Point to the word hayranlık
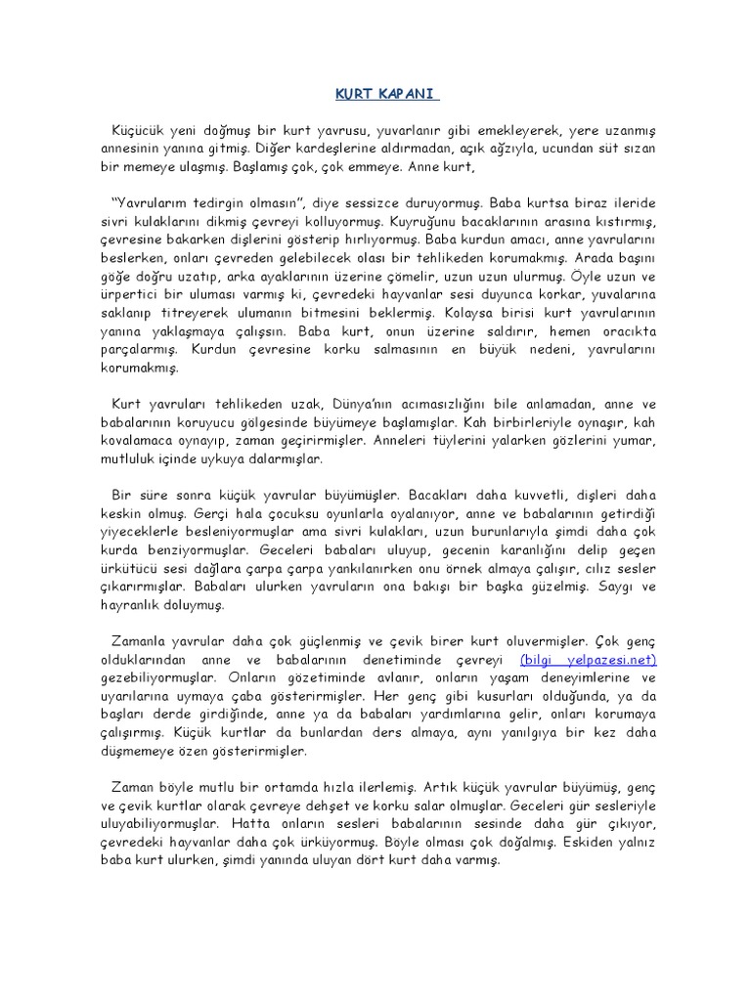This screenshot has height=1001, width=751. pyautogui.click(x=126, y=605)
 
